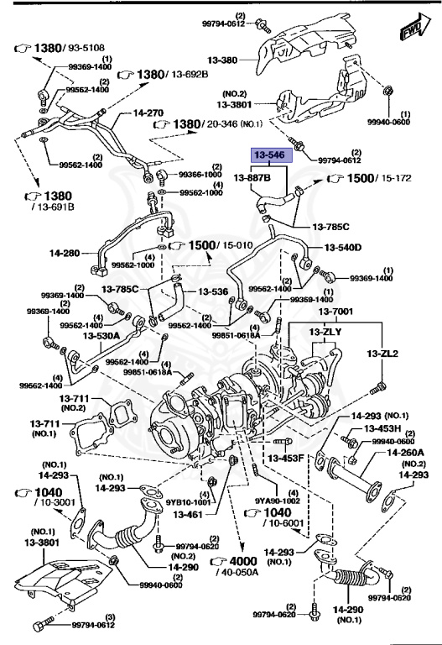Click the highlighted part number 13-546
[x=268, y=156]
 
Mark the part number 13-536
[x=213, y=291]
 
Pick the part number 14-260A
[x=404, y=453]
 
